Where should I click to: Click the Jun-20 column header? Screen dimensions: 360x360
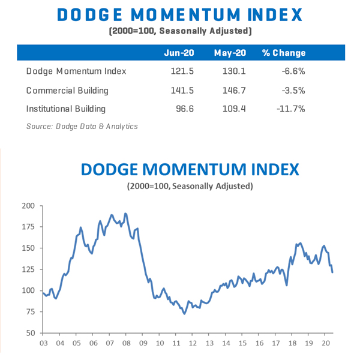178,53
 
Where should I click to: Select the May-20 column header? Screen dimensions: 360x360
230,53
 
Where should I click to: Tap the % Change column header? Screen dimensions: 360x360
284,53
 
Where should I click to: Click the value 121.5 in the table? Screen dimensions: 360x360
179,72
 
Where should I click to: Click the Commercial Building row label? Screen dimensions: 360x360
67,91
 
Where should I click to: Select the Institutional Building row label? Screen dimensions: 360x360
66,109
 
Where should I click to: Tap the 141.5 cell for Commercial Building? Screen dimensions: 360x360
179,91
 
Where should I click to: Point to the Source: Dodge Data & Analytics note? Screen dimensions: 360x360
82,127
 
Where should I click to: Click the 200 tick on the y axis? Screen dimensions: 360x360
28,206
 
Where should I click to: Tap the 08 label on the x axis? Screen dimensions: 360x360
125,343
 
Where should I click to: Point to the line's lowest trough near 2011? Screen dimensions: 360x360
184,313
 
